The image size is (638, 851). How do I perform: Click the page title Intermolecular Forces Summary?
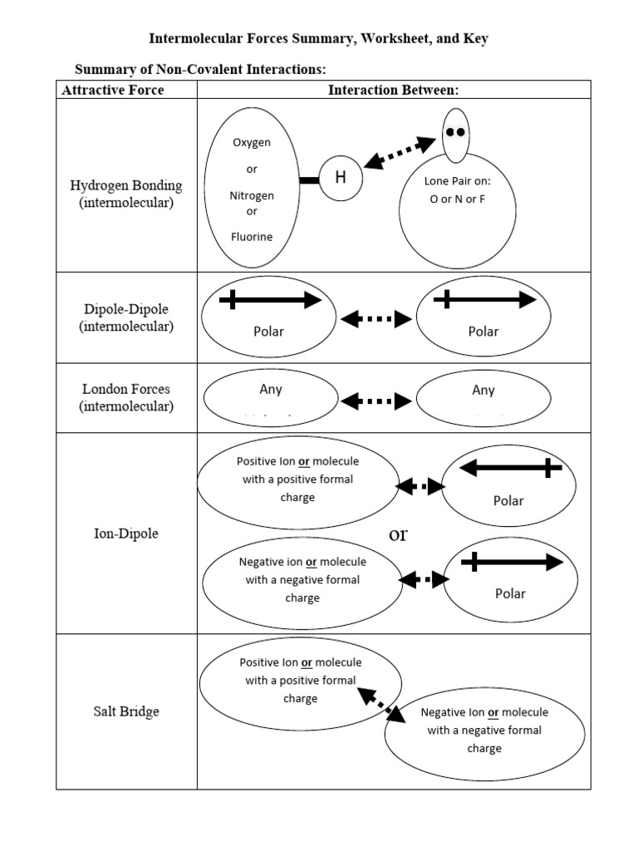coord(318,39)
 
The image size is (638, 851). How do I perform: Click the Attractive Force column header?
coord(113,90)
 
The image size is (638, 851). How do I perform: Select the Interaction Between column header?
coord(393,90)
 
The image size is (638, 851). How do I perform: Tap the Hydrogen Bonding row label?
coord(126,194)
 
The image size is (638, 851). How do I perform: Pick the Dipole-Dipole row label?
coord(126,317)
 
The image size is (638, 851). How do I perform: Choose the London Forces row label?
coord(126,397)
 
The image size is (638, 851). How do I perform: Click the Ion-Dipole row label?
coord(126,534)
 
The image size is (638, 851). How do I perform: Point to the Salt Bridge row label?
coord(126,711)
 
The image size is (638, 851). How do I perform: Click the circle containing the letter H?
coord(340,178)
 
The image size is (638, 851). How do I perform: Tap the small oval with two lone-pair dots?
coord(454,134)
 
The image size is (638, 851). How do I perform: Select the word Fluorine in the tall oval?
coord(252,237)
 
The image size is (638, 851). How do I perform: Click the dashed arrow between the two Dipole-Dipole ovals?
coord(375,318)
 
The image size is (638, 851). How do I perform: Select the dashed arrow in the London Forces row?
coord(375,401)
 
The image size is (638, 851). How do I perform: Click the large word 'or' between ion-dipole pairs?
coord(399,534)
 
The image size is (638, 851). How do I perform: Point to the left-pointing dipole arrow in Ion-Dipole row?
coord(510,469)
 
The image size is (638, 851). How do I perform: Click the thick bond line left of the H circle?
coord(310,179)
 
